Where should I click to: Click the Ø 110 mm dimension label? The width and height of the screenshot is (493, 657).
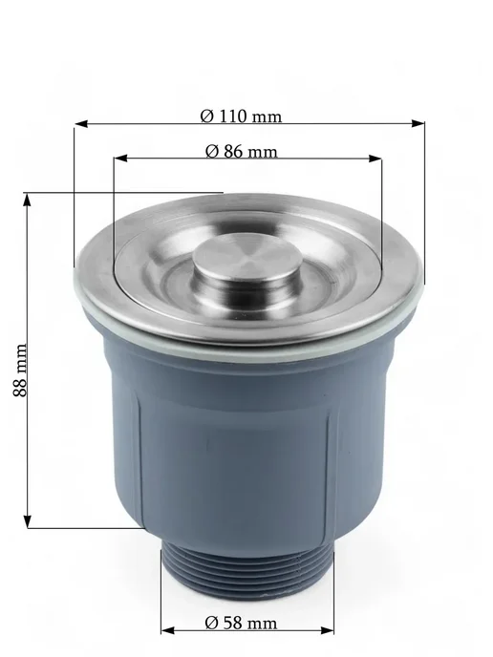pos(241,117)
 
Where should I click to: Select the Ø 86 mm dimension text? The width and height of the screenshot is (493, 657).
pos(242,151)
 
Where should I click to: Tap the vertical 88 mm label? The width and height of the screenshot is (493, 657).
pos(20,370)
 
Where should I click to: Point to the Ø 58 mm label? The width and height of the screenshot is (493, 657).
pos(241,623)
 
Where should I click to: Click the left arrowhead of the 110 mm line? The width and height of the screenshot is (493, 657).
pos(81,124)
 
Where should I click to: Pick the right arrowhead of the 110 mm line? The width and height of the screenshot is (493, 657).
pos(418,123)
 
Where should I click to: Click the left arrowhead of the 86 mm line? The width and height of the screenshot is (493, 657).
pos(120,159)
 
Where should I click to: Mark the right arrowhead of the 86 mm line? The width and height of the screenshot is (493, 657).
pos(375,159)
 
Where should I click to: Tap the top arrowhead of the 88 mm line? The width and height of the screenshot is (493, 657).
pos(28,201)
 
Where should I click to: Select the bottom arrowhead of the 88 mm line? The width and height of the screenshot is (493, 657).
pos(28,521)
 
